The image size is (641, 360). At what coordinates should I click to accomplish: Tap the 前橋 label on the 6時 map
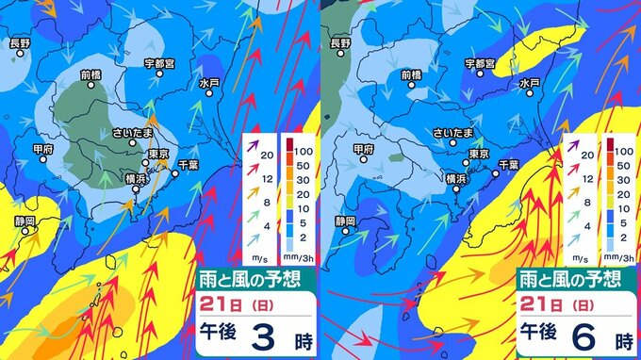pos(410,74)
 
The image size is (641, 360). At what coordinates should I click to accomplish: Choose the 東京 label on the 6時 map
pos(479,154)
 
